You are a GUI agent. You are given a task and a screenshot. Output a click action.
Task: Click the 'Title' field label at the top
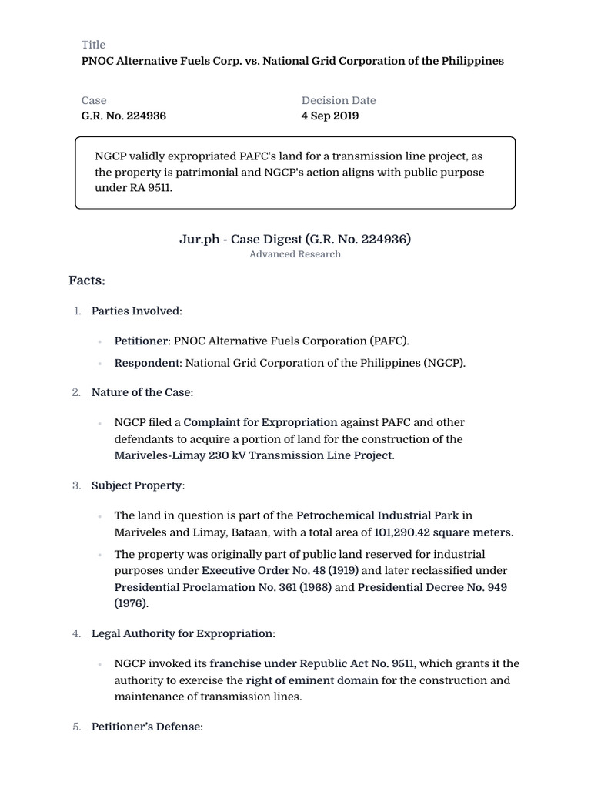tap(93, 45)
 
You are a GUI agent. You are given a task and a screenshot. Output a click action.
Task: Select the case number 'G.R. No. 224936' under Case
tap(123, 116)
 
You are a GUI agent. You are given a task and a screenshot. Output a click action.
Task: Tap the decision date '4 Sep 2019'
tap(329, 116)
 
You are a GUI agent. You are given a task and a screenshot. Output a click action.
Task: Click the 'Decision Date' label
tap(339, 100)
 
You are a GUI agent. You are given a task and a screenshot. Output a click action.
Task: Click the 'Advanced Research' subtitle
tap(295, 254)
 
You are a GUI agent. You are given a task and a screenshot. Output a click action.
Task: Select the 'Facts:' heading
tap(87, 280)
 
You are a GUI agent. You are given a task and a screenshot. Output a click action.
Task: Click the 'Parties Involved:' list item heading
tap(137, 311)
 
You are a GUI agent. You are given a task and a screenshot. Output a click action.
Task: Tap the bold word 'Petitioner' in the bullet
tap(142, 341)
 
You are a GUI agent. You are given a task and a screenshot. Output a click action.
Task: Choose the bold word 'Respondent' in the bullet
tap(146, 363)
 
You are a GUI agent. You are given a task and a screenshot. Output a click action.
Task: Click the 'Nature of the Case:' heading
tap(142, 392)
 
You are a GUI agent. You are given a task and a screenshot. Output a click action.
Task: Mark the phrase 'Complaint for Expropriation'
tap(260, 422)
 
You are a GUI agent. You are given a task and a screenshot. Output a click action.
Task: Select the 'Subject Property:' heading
tap(138, 485)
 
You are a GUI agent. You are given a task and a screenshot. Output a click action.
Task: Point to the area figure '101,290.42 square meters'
tap(442, 532)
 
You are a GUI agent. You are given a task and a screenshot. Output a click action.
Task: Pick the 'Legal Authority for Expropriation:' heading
tap(183, 633)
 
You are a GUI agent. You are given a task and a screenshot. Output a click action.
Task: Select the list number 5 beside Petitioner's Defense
tap(77, 727)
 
